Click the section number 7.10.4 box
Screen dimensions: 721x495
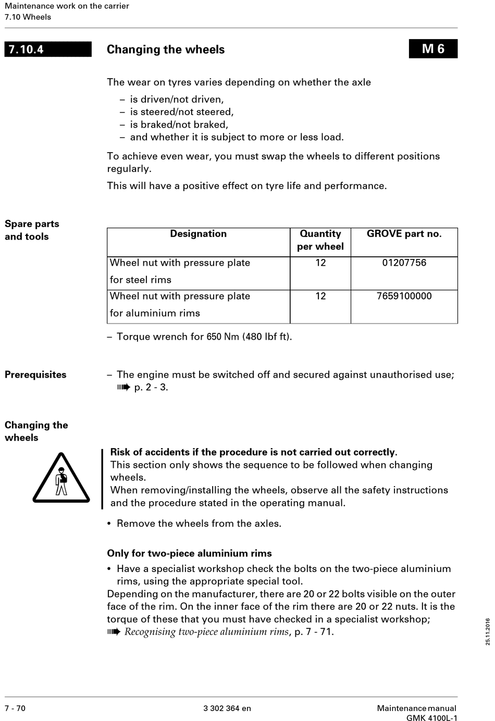(x=48, y=49)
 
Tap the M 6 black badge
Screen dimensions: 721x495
(x=433, y=49)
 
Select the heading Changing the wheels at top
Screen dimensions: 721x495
(x=166, y=49)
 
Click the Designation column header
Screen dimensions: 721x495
(x=198, y=234)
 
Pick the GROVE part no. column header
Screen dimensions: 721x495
(x=404, y=234)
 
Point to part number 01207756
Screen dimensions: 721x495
(x=404, y=263)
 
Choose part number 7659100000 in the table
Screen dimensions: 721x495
(x=404, y=296)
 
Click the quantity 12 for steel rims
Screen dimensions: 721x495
(x=320, y=263)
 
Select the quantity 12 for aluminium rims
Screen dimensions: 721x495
(x=320, y=296)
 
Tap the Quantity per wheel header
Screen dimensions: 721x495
(x=320, y=240)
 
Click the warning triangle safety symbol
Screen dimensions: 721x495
(x=61, y=479)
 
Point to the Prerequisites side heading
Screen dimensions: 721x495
(x=35, y=375)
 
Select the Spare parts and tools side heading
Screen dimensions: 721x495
(x=32, y=230)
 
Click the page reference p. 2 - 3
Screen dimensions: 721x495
(x=151, y=388)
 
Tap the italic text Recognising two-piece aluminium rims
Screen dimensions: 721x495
(x=206, y=632)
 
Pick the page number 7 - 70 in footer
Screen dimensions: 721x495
(x=15, y=708)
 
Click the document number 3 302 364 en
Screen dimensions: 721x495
(x=227, y=708)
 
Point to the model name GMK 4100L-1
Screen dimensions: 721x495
(x=431, y=718)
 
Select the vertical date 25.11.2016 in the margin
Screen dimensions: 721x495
(x=488, y=632)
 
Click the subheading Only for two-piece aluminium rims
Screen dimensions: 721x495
(x=189, y=554)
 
